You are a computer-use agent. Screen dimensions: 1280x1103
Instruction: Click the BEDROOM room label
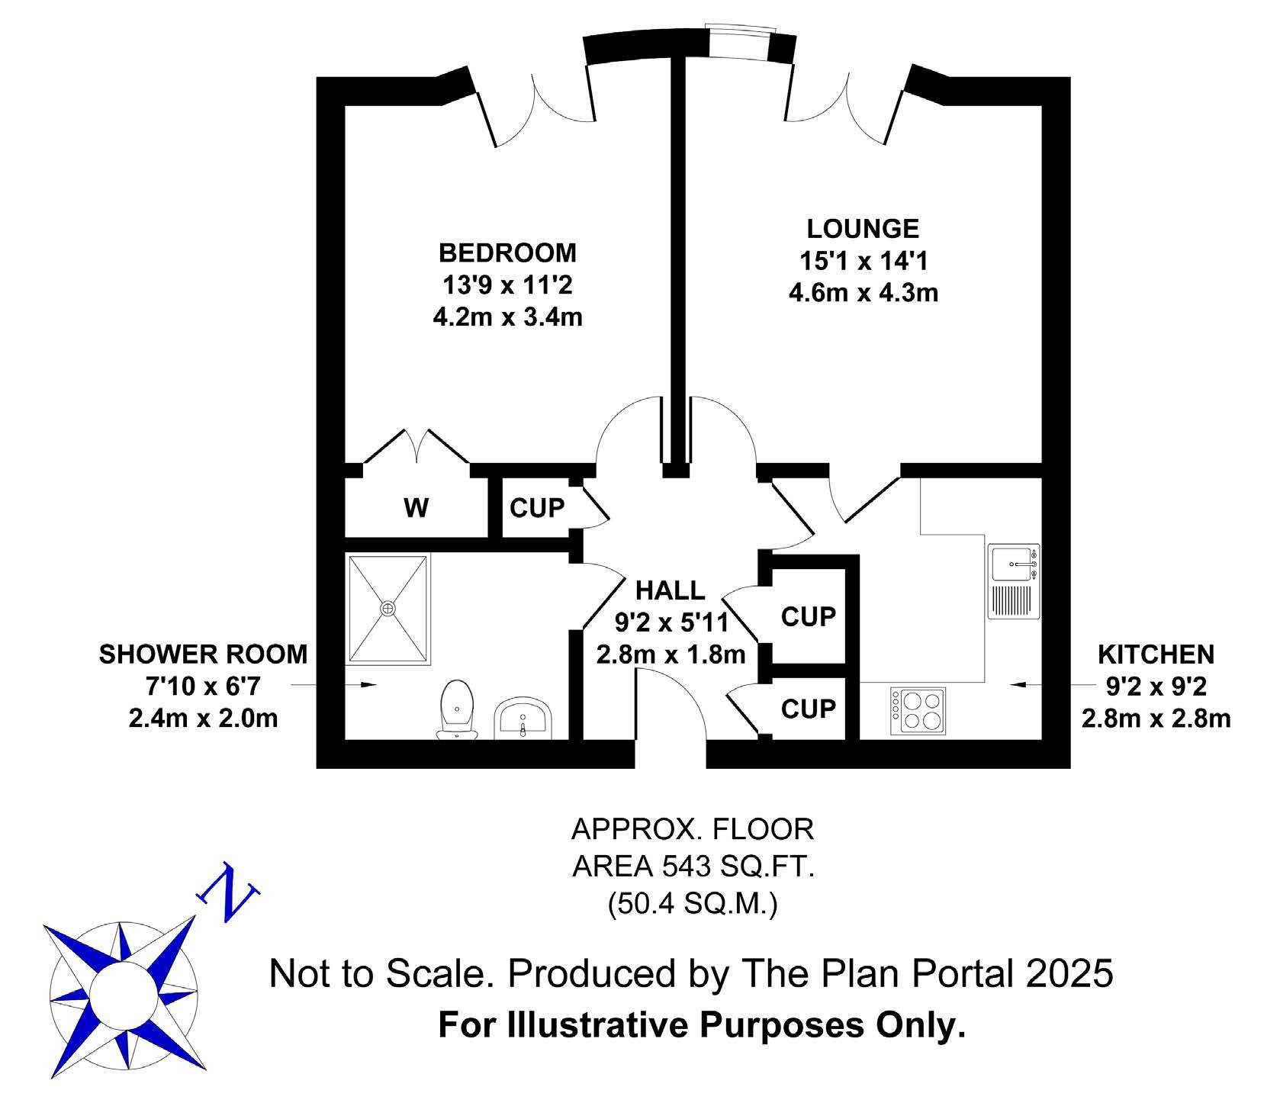point(507,252)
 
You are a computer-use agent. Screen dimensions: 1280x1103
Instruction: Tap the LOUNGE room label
point(864,228)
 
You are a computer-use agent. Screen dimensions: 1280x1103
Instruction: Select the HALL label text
point(671,590)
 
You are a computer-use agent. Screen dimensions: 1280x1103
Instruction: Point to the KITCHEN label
point(1156,654)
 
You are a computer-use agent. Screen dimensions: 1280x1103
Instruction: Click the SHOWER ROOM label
point(203,654)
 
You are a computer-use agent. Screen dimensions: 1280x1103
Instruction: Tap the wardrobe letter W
point(416,507)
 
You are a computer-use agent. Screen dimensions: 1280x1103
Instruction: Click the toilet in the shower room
point(457,709)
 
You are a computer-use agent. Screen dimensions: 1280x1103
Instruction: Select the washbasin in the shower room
point(523,719)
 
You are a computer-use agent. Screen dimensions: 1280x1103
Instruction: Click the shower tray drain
point(388,608)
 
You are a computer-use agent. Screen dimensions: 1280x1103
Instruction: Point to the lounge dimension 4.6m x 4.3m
point(864,292)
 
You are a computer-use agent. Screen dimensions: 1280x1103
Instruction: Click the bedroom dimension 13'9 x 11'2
point(507,285)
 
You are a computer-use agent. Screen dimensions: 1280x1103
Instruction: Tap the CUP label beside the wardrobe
point(538,507)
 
